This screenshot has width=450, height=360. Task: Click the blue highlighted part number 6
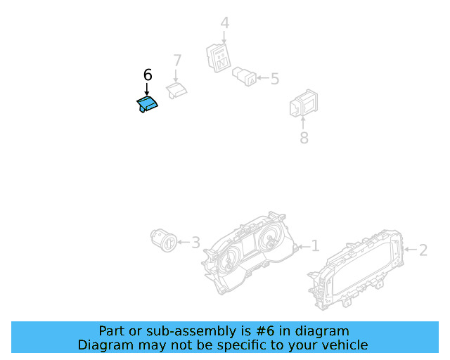(147, 105)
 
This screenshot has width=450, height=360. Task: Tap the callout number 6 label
(148, 75)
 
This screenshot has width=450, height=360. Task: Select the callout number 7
(176, 60)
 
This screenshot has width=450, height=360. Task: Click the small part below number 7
(176, 89)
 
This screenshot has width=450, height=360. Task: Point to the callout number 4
(224, 23)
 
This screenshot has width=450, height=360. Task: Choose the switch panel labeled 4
(219, 57)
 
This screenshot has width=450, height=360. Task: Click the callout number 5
(274, 79)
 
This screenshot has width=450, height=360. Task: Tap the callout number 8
(304, 138)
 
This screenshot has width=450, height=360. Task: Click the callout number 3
(195, 243)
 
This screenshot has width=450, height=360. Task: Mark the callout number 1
(315, 246)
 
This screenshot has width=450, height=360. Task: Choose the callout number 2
(423, 249)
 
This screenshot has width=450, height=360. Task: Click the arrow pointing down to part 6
(148, 89)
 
